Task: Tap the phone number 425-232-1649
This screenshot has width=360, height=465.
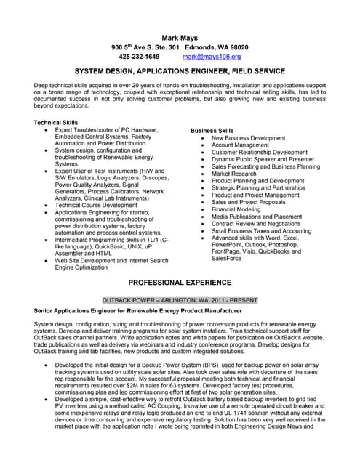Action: pos(139,56)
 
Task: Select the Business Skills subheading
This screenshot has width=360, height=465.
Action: pos(212,130)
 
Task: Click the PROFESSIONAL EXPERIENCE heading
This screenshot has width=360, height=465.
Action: pos(180,282)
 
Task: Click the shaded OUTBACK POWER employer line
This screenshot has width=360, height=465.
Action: pos(180,299)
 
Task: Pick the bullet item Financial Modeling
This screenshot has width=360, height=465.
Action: pos(236,209)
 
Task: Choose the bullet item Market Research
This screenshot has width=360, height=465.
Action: pos(234,174)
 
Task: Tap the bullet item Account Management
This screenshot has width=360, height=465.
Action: pos(240,145)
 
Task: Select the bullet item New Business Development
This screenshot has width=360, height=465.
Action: pos(248,137)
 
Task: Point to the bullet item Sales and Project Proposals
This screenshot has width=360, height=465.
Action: pos(247,202)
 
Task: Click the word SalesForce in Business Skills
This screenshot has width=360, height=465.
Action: pos(228,258)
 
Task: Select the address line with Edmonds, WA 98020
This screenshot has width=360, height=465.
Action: pos(180,46)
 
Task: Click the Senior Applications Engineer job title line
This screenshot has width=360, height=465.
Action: pos(137,310)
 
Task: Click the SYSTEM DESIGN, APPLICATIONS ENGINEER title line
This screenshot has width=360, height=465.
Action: pos(180,73)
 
